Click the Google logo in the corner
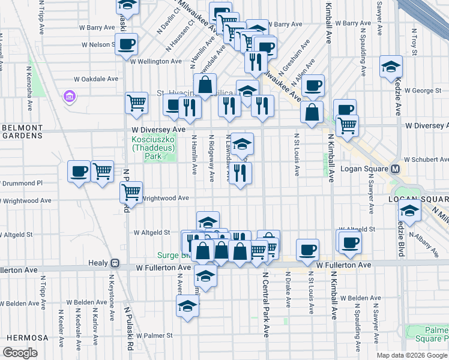(x=20, y=353)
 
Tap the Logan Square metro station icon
(x=396, y=169)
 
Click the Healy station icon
(x=115, y=263)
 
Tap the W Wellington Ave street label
(x=155, y=61)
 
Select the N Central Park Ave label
(x=265, y=304)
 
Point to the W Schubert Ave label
(x=425, y=160)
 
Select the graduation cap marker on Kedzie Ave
(x=391, y=67)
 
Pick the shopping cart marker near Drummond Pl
(x=103, y=172)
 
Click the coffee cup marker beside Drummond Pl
(x=79, y=172)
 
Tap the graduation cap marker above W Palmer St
(x=187, y=306)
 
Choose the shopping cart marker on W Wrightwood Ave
(x=131, y=192)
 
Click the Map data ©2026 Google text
(x=411, y=355)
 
